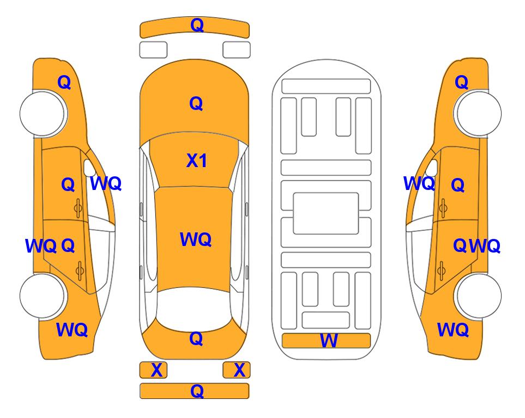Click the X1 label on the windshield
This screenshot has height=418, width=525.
(196, 161)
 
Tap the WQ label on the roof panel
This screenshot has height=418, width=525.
(195, 239)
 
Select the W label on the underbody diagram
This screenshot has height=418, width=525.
(329, 341)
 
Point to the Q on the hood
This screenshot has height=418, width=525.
(196, 103)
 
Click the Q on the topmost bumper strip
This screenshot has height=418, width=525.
(196, 25)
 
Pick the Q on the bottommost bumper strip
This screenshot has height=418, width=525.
(196, 391)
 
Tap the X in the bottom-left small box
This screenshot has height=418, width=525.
(156, 370)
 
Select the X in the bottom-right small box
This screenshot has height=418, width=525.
(239, 370)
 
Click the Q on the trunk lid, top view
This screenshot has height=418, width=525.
(196, 339)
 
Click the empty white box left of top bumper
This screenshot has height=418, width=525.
(153, 50)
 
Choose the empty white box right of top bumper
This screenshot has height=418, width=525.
(237, 50)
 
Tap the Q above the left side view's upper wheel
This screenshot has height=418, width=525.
(64, 82)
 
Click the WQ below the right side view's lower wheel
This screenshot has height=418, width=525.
(452, 330)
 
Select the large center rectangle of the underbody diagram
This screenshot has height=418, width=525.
(326, 213)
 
